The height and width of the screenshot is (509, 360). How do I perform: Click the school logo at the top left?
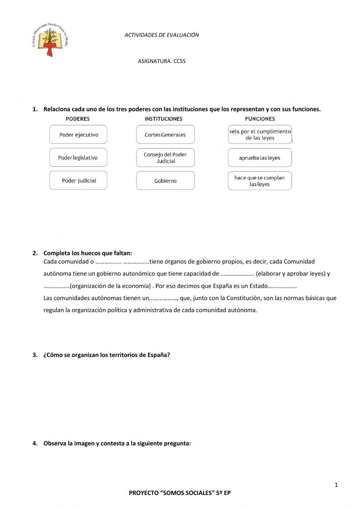click(50, 40)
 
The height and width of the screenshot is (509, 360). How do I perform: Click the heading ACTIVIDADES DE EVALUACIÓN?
click(162, 35)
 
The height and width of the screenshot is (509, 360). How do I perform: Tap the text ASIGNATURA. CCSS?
click(162, 61)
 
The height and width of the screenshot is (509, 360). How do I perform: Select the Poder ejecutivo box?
click(78, 135)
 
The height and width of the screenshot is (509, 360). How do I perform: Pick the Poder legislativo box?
click(78, 158)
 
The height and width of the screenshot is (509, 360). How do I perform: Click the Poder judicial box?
click(78, 180)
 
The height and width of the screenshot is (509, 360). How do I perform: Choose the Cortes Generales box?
click(165, 135)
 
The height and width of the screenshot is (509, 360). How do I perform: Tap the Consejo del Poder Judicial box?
click(165, 158)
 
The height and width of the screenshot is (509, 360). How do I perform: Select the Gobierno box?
click(165, 180)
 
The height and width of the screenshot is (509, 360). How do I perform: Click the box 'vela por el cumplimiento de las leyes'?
click(260, 135)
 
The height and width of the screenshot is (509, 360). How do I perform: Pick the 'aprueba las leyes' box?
click(260, 158)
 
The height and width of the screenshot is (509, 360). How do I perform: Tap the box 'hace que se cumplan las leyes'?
click(260, 180)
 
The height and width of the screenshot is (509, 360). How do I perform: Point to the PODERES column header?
click(78, 119)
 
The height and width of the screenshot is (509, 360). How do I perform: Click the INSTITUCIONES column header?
click(163, 119)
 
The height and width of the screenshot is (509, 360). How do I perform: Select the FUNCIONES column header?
click(260, 119)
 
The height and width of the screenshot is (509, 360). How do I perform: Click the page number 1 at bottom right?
click(336, 485)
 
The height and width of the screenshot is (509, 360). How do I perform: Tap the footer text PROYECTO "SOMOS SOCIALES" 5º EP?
click(180, 493)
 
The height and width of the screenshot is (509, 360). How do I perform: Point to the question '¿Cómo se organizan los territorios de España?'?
click(107, 355)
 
